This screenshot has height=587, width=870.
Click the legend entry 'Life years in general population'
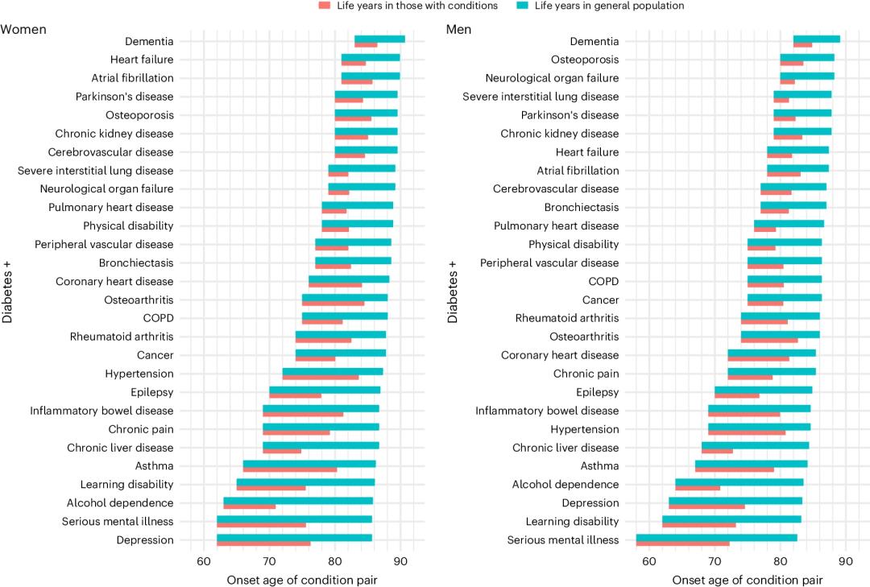click(600, 6)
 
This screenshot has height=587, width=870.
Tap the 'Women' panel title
click(23, 29)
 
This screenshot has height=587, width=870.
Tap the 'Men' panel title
click(459, 29)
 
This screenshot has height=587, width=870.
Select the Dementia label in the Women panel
click(149, 41)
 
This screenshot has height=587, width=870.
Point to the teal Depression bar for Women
click(294, 537)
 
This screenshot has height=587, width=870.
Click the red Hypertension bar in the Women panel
click(320, 377)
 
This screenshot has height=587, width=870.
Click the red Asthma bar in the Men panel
click(734, 469)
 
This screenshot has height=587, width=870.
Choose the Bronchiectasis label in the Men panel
click(582, 208)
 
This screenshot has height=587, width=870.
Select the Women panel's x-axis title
click(302, 579)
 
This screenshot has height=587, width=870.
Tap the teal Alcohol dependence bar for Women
click(298, 500)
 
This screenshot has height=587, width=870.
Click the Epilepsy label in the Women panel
click(152, 393)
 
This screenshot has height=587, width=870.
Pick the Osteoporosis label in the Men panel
click(585, 60)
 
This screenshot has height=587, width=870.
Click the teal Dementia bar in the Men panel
click(817, 39)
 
